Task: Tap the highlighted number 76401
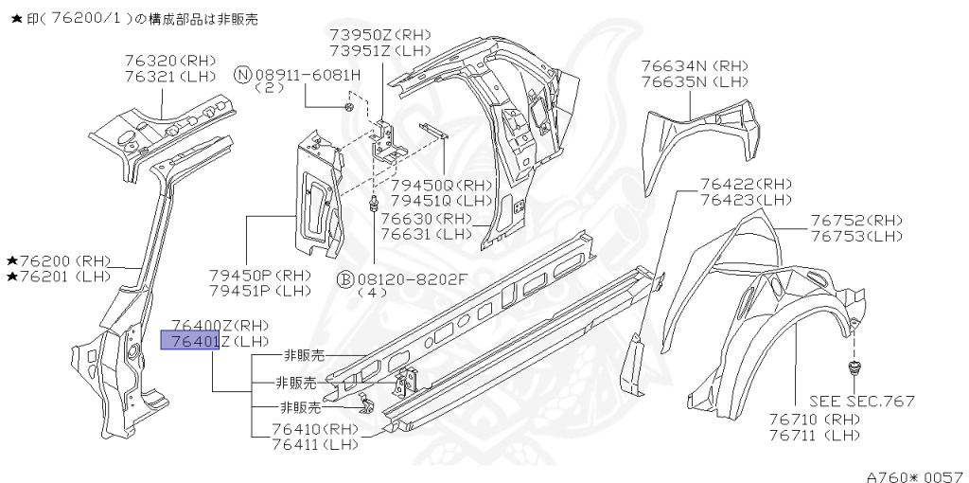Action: [x=190, y=341]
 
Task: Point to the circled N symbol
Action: [x=243, y=75]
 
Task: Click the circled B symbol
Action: [x=345, y=278]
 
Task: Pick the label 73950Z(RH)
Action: [x=380, y=35]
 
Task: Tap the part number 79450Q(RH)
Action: [x=442, y=186]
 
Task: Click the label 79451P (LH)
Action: [x=259, y=291]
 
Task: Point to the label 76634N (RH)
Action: [x=695, y=66]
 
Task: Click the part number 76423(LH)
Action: [x=746, y=200]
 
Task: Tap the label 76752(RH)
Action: [x=856, y=221]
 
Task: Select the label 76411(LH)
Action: [x=316, y=443]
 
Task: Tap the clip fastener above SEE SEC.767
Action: [x=854, y=367]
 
